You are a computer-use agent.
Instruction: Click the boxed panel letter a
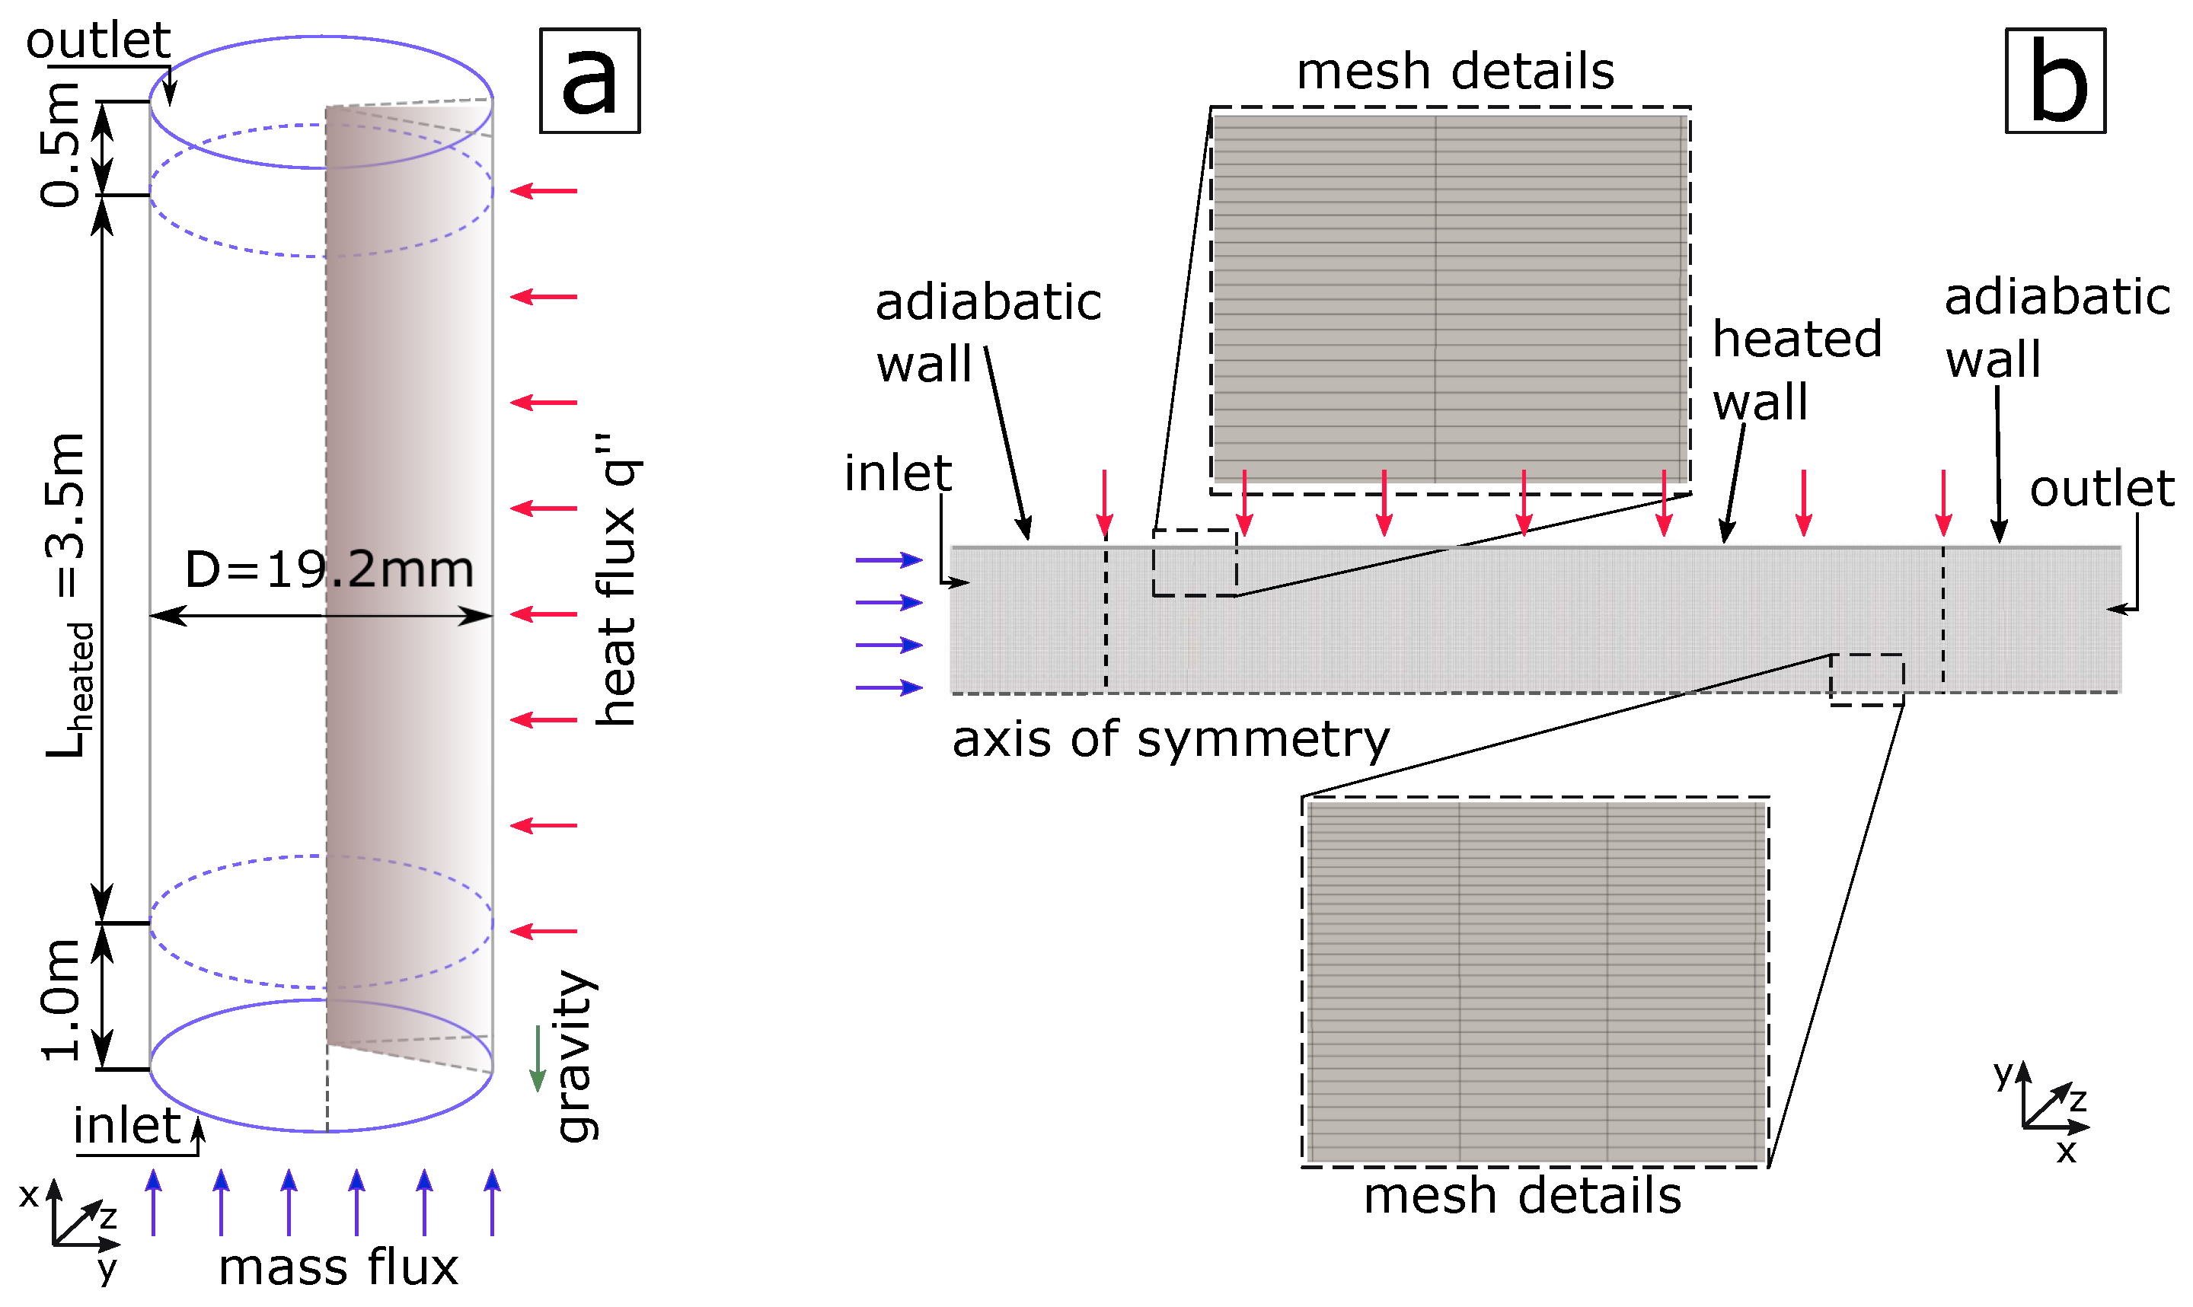point(589,80)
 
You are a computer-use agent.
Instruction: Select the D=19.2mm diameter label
point(328,570)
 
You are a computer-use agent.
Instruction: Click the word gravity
point(577,1056)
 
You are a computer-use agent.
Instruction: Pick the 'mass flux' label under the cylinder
point(338,1268)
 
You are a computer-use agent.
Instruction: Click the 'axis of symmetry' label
point(1170,739)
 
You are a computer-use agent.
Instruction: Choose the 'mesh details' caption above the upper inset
point(1455,72)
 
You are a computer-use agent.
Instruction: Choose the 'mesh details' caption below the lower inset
point(1522,1197)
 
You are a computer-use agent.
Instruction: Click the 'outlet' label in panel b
point(2102,489)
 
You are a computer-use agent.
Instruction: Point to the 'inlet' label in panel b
point(898,473)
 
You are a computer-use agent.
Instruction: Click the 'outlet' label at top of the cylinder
point(97,40)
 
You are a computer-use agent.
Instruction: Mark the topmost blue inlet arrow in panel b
point(889,559)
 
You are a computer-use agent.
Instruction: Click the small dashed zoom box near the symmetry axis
point(1866,679)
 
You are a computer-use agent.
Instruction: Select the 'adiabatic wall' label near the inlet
point(988,332)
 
